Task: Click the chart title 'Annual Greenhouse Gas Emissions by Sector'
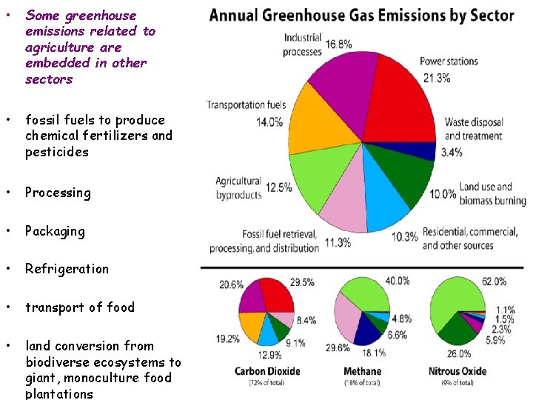pyautogui.click(x=361, y=16)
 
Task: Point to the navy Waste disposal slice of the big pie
pyautogui.click(x=423, y=150)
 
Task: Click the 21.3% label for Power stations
pyautogui.click(x=437, y=77)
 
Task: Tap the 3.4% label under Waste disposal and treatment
pyautogui.click(x=452, y=153)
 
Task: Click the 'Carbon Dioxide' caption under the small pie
pyautogui.click(x=266, y=371)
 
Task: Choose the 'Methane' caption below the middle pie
pyautogui.click(x=363, y=371)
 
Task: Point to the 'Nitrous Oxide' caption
pyautogui.click(x=457, y=371)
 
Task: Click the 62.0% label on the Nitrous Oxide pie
pyautogui.click(x=495, y=281)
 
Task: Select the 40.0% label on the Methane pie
pyautogui.click(x=398, y=281)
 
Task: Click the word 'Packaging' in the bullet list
pyautogui.click(x=55, y=231)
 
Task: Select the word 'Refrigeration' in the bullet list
pyautogui.click(x=67, y=269)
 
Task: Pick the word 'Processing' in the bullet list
pyautogui.click(x=58, y=193)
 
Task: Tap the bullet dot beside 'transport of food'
pyautogui.click(x=7, y=307)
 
